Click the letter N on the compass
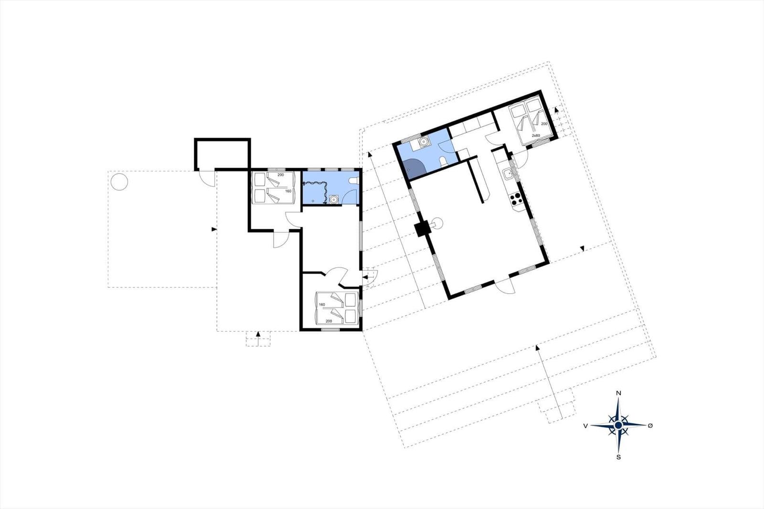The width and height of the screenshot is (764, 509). tap(618, 393)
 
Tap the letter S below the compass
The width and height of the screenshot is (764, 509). tap(618, 457)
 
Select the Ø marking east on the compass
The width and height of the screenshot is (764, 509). tap(650, 425)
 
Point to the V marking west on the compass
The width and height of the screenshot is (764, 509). tap(585, 426)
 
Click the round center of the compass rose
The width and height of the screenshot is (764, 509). tap(618, 425)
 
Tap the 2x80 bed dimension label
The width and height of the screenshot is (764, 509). tap(536, 136)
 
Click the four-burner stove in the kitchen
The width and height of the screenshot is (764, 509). tap(516, 199)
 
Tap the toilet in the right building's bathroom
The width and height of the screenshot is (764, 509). tap(444, 161)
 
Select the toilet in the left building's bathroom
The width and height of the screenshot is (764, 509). tap(353, 180)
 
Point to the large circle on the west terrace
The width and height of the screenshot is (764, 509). tap(119, 182)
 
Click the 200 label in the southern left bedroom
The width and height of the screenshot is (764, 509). tap(329, 321)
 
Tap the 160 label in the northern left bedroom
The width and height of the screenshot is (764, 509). tap(288, 191)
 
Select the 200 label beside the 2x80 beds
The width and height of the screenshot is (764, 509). tap(544, 124)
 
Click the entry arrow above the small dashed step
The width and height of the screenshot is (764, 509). tap(258, 334)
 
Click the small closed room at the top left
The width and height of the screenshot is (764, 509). tap(223, 154)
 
